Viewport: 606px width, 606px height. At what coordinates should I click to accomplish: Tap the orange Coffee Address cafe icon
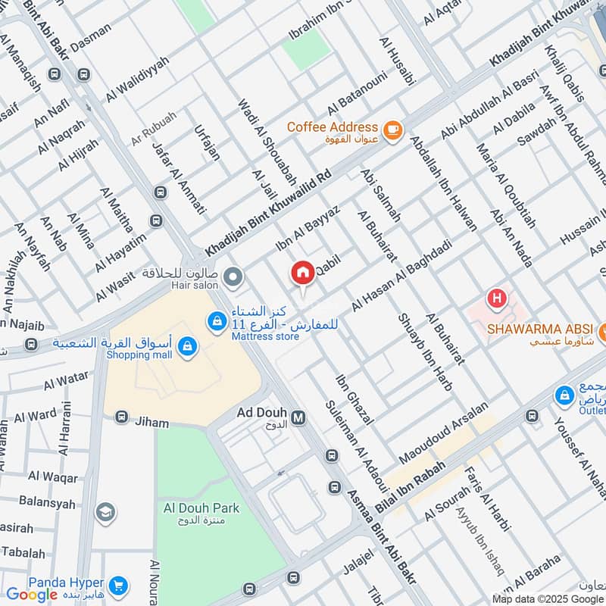tap(392, 130)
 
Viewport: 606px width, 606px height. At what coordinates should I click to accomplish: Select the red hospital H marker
tap(496, 299)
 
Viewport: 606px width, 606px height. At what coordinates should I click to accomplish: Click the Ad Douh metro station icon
tap(299, 417)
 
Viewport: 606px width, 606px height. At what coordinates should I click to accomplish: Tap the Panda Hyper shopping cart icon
tap(117, 585)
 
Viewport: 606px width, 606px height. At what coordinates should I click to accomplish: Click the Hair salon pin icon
tap(233, 278)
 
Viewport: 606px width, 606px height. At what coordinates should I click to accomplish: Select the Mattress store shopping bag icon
tap(217, 323)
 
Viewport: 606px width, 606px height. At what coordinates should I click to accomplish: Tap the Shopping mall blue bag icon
tap(186, 348)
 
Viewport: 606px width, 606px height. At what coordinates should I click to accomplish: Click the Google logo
tap(32, 594)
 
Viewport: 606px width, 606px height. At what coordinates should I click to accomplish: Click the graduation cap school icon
tap(105, 513)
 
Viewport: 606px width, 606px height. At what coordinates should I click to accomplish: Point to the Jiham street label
tap(152, 422)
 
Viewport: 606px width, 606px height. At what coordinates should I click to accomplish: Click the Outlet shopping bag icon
tap(564, 395)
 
